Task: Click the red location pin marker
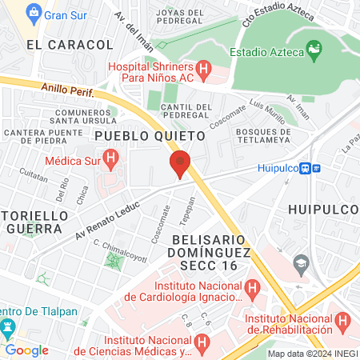180,164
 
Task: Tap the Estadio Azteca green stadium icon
314,53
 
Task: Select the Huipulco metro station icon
317,168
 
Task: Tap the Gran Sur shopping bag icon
33,14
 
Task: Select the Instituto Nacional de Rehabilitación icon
343,321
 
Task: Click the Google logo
26,350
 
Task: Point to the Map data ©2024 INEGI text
312,354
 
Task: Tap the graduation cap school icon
302,262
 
